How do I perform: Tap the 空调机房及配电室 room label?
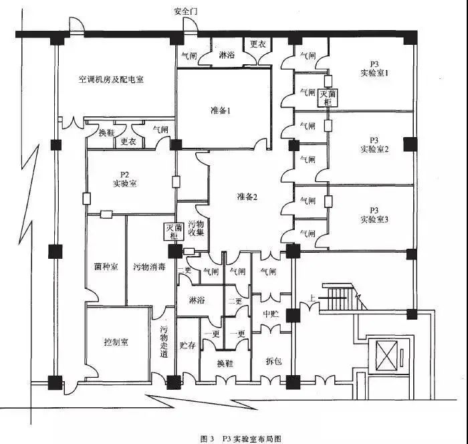110,79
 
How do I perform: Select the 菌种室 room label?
106,267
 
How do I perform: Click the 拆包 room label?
273,361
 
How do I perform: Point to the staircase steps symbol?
345,296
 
